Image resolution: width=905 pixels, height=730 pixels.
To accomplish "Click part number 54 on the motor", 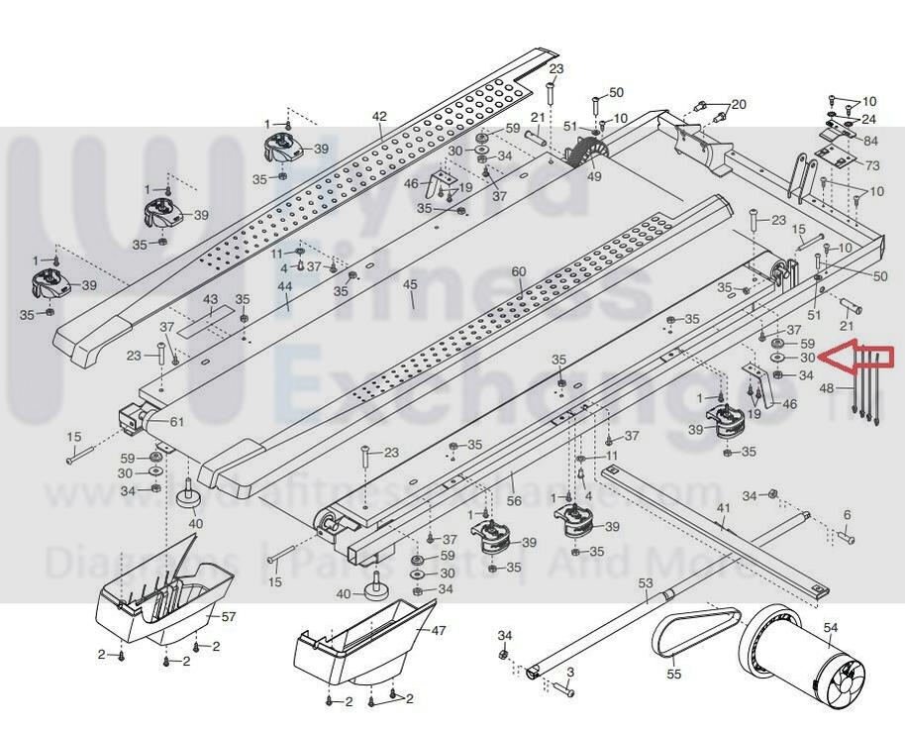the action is click(830, 626).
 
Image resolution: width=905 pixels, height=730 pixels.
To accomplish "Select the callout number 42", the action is click(379, 116).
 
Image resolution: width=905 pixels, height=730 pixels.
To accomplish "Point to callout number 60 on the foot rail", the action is click(519, 271).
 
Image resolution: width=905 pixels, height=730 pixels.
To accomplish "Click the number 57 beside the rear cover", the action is click(229, 616).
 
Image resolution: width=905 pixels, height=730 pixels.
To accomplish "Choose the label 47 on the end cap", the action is click(439, 630).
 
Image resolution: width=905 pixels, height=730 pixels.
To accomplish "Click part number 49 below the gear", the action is click(594, 176).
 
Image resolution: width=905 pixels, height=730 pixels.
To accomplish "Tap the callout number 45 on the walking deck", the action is click(410, 285).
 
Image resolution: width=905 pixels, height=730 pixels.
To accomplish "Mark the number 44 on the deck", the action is click(285, 286).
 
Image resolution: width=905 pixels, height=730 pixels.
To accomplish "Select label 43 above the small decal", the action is click(210, 299).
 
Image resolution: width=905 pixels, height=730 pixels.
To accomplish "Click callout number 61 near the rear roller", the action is click(176, 422).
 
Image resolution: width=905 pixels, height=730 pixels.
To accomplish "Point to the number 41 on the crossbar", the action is click(724, 508).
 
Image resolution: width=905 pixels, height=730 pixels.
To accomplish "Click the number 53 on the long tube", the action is click(646, 583).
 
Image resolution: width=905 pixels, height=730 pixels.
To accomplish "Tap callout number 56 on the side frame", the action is click(514, 501).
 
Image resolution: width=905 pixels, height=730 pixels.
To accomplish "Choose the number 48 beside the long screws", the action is click(827, 389).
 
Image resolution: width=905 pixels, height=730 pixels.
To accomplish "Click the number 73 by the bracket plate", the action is click(871, 164).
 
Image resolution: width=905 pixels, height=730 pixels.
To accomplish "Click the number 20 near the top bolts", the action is click(739, 104).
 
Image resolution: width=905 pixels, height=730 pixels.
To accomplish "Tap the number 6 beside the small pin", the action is click(847, 515).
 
